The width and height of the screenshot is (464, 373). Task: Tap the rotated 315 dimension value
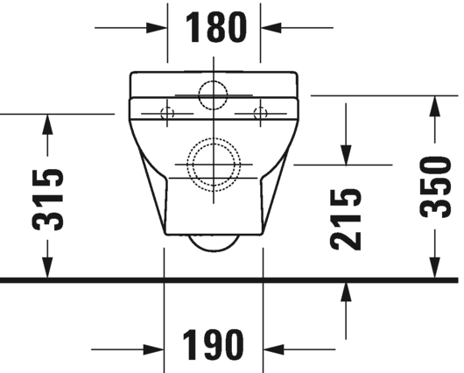click(47, 198)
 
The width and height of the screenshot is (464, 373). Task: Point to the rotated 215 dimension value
click(347, 219)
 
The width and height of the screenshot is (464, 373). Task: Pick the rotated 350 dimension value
click(434, 186)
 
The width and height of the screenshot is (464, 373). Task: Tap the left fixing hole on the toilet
click(169, 112)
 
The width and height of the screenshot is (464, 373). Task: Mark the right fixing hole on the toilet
click(259, 111)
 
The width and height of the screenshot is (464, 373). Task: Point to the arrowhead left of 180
click(158, 28)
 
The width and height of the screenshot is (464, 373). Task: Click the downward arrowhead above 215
click(348, 152)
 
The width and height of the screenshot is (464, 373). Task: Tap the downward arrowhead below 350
click(434, 268)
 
